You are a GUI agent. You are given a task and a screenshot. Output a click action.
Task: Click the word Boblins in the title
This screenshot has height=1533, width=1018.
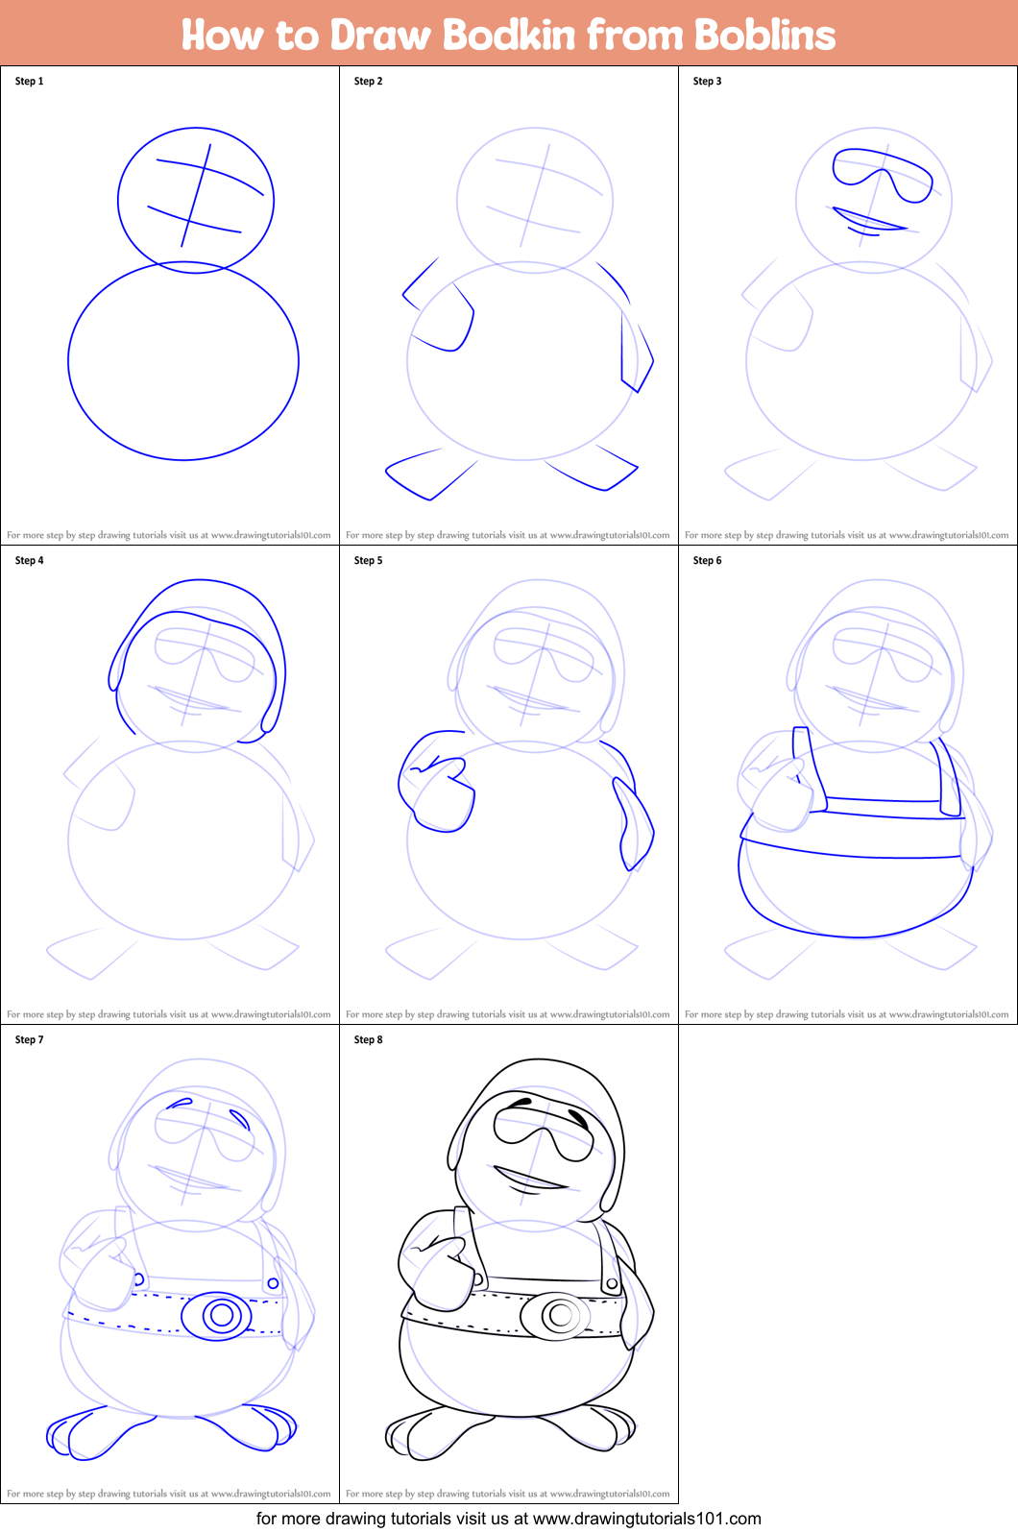pos(764,35)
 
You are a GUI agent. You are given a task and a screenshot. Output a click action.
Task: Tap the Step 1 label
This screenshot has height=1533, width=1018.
pos(29,82)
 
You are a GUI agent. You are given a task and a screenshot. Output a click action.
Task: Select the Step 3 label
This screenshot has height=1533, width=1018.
pos(707,82)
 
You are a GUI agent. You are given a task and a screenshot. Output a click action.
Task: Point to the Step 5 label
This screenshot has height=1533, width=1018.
pos(368,561)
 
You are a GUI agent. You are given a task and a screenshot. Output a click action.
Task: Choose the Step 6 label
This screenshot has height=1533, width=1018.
pos(707,561)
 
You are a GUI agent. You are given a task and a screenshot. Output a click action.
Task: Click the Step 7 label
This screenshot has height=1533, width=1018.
pos(29,1040)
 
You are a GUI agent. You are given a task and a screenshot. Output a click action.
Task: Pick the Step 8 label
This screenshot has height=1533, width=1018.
pos(368,1040)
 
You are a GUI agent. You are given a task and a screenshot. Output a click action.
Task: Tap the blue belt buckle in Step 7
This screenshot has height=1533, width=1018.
pos(221,1315)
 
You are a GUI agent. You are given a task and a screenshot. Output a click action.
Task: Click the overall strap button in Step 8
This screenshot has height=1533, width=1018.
pos(612,1283)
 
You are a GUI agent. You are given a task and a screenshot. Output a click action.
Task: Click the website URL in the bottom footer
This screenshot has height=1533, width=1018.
pos(646,1519)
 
